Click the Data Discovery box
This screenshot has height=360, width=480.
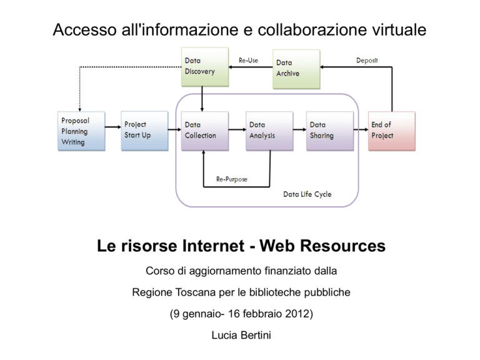point(205,67)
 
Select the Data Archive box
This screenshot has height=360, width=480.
point(296,69)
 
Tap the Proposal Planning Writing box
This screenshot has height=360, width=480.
point(81,131)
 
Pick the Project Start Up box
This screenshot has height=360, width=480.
point(144,131)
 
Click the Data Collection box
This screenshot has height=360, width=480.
point(205,131)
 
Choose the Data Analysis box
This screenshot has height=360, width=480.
point(269,131)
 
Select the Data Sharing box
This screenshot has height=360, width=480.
point(330,131)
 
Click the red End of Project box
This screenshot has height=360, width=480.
point(391,131)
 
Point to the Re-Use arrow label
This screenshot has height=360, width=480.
point(248,60)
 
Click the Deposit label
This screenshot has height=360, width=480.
point(367,60)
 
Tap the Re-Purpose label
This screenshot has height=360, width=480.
point(232,179)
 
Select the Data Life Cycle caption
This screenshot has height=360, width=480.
point(307,194)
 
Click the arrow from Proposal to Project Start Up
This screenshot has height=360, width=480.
point(113,127)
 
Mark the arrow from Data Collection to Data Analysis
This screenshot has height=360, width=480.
point(237,129)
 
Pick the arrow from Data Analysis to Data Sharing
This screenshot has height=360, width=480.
point(300,129)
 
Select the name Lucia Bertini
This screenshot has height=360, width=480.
point(241,335)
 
